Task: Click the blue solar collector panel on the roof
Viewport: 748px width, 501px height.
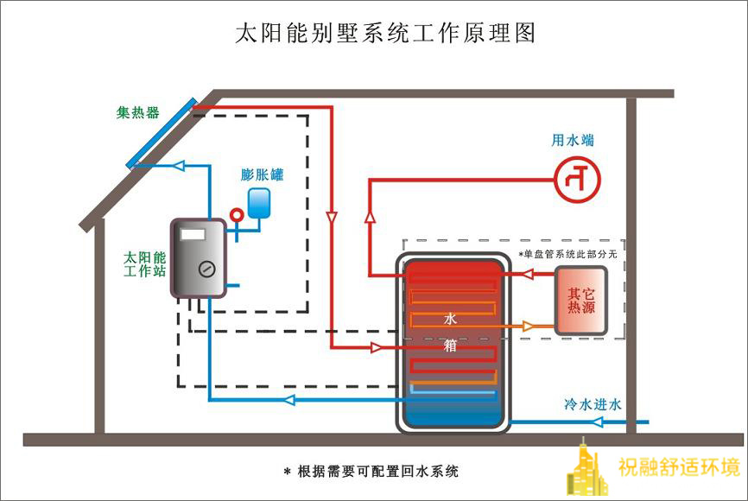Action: point(162,133)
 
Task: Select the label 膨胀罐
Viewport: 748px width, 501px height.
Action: point(262,174)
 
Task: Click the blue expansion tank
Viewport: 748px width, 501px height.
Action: point(258,203)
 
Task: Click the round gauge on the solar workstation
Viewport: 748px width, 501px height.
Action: point(205,268)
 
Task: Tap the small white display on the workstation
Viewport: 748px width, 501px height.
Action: point(193,233)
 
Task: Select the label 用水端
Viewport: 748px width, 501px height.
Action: point(573,140)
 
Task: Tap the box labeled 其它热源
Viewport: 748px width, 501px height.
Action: point(580,301)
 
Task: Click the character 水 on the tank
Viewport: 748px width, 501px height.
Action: point(449,319)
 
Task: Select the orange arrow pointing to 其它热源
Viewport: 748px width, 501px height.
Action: point(529,326)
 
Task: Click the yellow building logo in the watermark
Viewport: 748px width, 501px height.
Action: point(586,472)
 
